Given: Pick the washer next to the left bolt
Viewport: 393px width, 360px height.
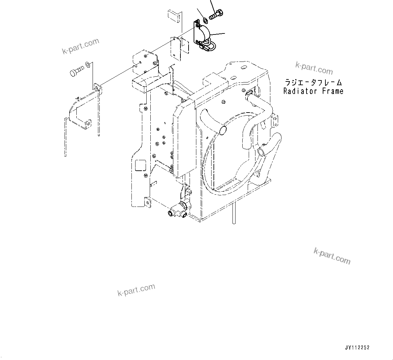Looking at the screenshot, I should pos(88,64).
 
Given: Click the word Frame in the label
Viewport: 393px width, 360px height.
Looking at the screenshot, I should pos(333,91).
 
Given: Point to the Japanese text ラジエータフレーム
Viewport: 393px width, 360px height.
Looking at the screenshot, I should pos(313,82).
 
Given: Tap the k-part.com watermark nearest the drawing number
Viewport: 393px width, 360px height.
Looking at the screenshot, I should pos(332,256).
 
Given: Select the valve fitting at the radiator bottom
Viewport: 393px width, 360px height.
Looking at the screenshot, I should pos(179,210).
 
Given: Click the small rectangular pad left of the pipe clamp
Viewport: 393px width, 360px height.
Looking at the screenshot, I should pos(174,16).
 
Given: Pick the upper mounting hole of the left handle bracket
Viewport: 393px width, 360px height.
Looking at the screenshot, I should pos(96,88).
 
